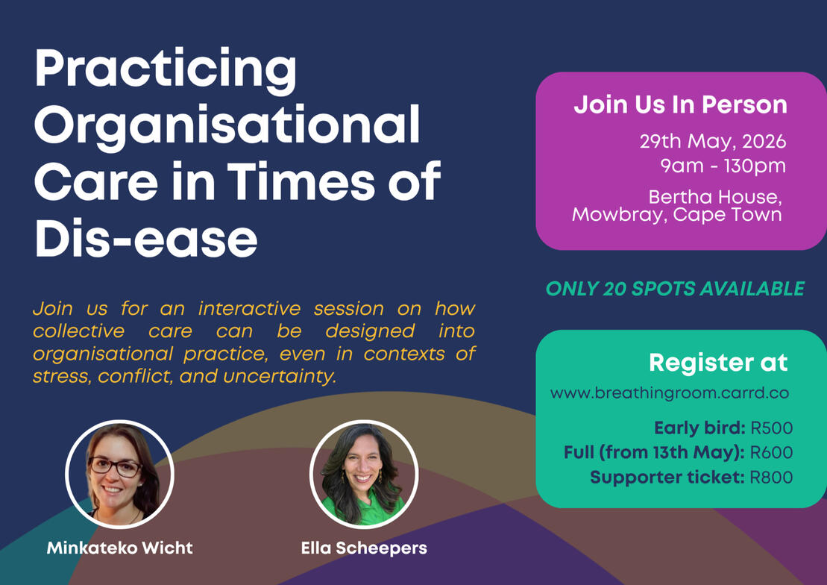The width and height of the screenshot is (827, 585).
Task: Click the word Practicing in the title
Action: pyautogui.click(x=166, y=70)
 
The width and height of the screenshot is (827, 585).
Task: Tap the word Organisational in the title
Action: pyautogui.click(x=227, y=125)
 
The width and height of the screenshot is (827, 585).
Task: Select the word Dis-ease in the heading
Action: pyautogui.click(x=146, y=238)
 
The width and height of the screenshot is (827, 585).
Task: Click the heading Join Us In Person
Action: pyautogui.click(x=680, y=104)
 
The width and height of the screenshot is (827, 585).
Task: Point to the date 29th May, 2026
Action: pyautogui.click(x=713, y=142)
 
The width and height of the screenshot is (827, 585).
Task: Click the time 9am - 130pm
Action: pyautogui.click(x=723, y=166)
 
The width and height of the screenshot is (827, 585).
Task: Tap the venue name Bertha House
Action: pyautogui.click(x=714, y=197)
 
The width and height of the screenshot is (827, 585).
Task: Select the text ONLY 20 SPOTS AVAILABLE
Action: pyautogui.click(x=675, y=289)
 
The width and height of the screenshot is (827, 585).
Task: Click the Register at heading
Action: pyautogui.click(x=718, y=362)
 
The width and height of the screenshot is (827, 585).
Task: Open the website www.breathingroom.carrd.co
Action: pyautogui.click(x=670, y=393)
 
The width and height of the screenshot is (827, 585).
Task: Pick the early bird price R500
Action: pyautogui.click(x=772, y=428)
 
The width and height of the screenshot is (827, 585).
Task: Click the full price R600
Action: pyautogui.click(x=772, y=452)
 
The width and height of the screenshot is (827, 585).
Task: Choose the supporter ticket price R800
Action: pyautogui.click(x=771, y=478)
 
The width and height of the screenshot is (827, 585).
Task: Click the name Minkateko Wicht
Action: pyautogui.click(x=120, y=548)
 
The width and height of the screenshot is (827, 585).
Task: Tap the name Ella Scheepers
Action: pyautogui.click(x=364, y=548)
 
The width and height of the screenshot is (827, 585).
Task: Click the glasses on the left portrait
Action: pyautogui.click(x=115, y=467)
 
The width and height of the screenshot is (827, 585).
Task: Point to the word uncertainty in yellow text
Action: pyautogui.click(x=280, y=376)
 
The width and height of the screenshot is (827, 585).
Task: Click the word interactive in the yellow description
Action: pyautogui.click(x=250, y=308)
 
